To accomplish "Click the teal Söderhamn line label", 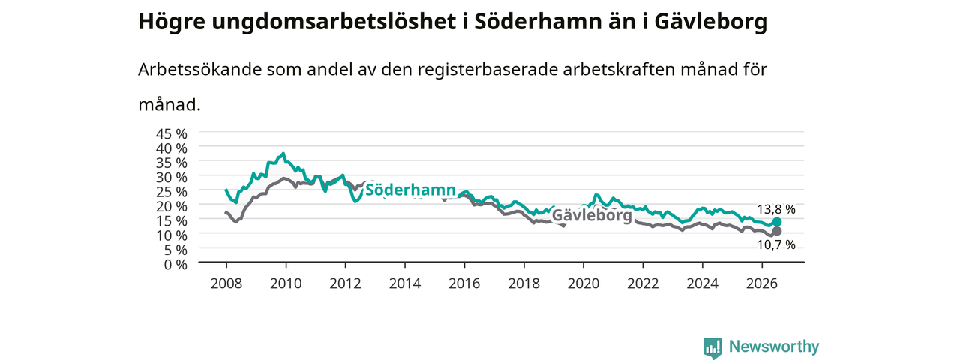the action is tap(410, 190).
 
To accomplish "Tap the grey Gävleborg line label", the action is tap(592, 215).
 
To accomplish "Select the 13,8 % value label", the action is tap(776, 209).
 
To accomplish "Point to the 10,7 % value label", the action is tap(776, 244).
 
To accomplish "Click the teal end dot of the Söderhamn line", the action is tap(776, 222).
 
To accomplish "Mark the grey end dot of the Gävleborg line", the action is tap(776, 232).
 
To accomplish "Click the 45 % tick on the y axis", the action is tap(172, 134).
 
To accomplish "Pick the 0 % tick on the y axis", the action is tap(175, 265).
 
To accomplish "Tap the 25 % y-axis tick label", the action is tap(172, 192).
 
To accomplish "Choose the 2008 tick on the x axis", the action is tap(226, 283).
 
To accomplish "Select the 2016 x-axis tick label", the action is tap(464, 283).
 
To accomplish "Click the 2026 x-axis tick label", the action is tap(761, 283).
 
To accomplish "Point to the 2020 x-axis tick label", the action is tap(583, 283).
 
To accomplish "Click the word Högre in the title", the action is tap(172, 22).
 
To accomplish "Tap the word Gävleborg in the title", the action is tap(710, 22).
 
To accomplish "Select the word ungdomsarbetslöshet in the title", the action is tap(334, 22).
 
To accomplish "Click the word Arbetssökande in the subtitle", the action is tap(199, 70).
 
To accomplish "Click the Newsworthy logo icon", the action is tap(712, 347).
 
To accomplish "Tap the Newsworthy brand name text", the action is tap(774, 346).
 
